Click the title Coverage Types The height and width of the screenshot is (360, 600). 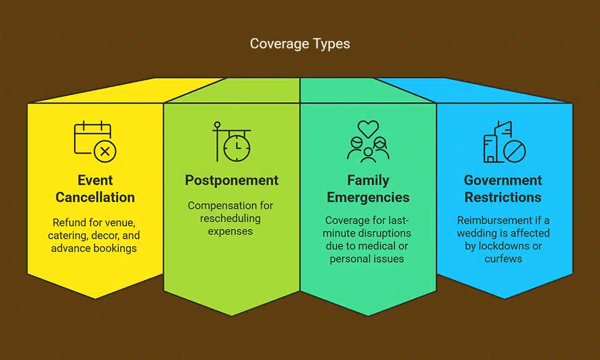(300, 44)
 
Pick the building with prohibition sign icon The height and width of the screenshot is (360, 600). (504, 141)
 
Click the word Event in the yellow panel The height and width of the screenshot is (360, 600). (95, 180)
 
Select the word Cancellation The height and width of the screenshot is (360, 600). (95, 197)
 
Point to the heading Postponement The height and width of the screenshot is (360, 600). (231, 180)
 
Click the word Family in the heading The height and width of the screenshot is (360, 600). (368, 180)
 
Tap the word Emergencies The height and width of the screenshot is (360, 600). (368, 197)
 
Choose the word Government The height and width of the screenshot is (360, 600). (503, 180)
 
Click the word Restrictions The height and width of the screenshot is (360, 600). (503, 197)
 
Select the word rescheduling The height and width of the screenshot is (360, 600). (231, 218)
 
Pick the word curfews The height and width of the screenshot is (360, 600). (503, 259)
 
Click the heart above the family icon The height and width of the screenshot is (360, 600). (368, 127)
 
